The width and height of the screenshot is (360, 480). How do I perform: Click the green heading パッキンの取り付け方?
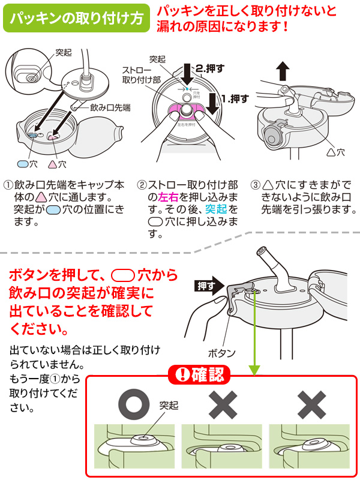point(76,18)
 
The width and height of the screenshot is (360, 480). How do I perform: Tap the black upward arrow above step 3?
point(283,71)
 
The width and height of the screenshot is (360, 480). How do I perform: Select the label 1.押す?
point(235,99)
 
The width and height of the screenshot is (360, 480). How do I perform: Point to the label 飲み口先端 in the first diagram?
point(110,107)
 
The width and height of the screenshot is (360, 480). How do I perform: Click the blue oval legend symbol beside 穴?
point(23,164)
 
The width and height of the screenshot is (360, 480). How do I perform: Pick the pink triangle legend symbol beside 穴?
point(52,164)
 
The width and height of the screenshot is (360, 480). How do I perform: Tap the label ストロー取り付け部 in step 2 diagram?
point(141,75)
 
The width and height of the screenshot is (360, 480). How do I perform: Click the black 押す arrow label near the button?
point(209,286)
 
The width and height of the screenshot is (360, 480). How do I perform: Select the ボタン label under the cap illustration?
point(221,353)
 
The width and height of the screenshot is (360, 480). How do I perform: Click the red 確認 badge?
point(199,374)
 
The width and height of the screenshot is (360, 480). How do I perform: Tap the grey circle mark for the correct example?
point(134,404)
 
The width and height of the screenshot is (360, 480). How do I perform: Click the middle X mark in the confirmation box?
point(223,404)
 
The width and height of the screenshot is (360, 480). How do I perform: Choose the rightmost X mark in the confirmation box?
point(311,404)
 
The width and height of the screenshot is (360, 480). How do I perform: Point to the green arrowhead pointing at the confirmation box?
point(254,370)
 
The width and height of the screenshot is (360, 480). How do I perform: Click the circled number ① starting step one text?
point(8,185)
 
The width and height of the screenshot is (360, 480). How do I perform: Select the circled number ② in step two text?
point(142,185)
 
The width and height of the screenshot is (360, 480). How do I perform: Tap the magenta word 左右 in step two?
point(168,197)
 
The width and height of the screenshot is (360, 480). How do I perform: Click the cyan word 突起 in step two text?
point(215,209)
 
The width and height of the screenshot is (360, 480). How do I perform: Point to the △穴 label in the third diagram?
point(335,152)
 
